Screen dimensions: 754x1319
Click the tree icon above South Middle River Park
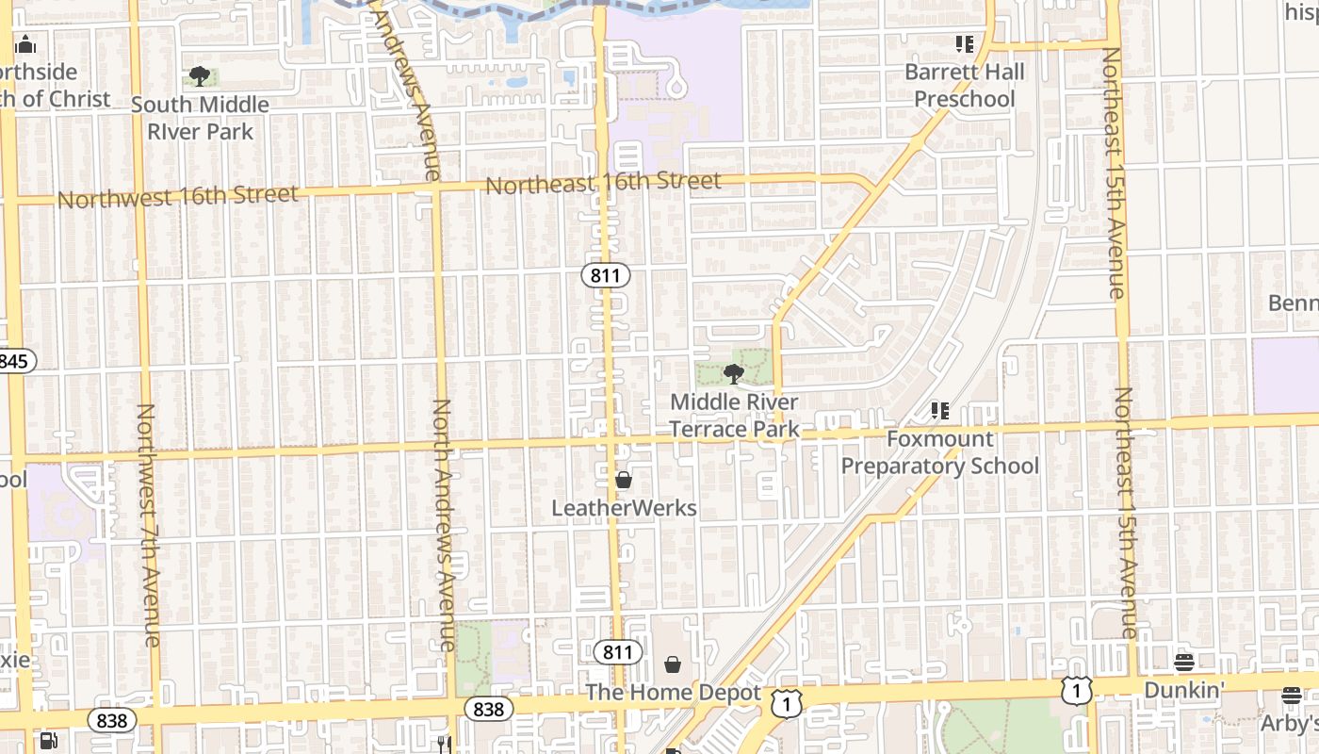(x=199, y=76)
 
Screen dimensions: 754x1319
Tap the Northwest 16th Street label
(x=178, y=197)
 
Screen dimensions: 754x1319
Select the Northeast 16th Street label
(x=603, y=183)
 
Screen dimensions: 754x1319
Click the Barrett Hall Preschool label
(x=965, y=85)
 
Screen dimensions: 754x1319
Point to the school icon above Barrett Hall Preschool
(x=964, y=43)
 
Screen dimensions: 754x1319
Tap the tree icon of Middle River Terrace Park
(x=733, y=374)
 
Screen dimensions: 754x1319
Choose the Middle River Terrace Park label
(x=734, y=416)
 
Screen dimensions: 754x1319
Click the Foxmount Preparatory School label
(x=939, y=452)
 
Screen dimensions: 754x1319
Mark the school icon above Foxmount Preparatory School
(x=939, y=411)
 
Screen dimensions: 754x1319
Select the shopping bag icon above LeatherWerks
(x=623, y=480)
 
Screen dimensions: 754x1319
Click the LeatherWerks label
(x=624, y=508)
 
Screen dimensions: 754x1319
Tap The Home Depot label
(x=673, y=693)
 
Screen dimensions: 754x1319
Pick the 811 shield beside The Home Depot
(x=618, y=651)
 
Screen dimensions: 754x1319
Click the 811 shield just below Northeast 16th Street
(x=605, y=276)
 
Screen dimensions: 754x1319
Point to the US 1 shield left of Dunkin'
(x=1076, y=692)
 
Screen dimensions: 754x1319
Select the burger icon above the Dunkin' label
(x=1184, y=662)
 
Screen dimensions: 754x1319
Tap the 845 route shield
(x=15, y=360)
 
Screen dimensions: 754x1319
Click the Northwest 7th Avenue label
(x=148, y=525)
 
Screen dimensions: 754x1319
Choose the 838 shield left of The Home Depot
(x=488, y=709)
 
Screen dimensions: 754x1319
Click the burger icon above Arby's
(x=1291, y=696)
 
